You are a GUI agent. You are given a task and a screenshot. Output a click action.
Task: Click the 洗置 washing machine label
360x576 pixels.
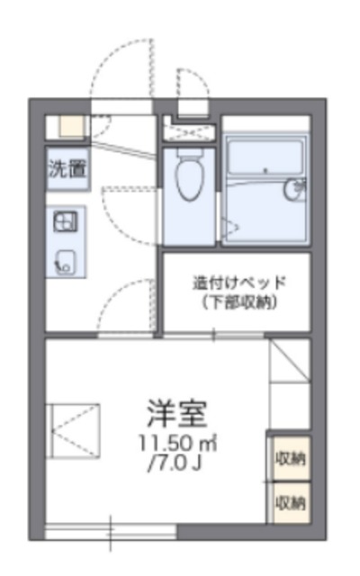point(67,166)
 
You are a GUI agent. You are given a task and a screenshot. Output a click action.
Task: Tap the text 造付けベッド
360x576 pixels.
point(237,282)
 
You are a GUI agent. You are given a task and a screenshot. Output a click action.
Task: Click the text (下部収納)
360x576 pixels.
point(237,301)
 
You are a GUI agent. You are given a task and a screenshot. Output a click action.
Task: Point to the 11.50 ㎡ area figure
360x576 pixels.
point(177,445)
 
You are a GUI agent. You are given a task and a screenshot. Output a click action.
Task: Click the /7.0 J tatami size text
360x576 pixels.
point(177,464)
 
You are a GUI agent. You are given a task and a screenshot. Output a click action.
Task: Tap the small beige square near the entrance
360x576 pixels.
point(69,125)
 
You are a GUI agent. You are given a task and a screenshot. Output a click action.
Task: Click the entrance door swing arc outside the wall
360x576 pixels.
point(115,67)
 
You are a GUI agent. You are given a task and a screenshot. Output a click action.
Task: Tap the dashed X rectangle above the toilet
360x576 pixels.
point(190,131)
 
